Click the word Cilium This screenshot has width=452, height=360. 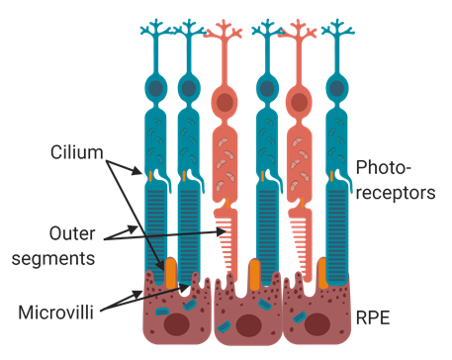click(x=77, y=152)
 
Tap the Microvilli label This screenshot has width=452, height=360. click(x=56, y=312)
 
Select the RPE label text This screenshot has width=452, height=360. click(x=373, y=317)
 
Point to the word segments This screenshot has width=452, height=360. click(x=53, y=258)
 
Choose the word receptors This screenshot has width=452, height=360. click(x=396, y=192)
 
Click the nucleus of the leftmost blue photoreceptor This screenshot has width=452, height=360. click(x=156, y=88)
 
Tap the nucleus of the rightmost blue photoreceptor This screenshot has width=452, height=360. click(x=337, y=88)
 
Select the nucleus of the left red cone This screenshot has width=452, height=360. click(x=225, y=102)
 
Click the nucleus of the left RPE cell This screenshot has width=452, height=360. click(x=177, y=324)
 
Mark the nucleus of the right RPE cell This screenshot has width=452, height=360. click(x=316, y=324)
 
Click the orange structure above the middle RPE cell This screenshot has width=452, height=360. click(x=254, y=275)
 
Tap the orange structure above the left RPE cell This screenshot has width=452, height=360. click(x=171, y=273)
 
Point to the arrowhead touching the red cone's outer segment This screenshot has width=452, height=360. click(x=221, y=231)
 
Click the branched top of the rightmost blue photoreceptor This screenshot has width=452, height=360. click(x=337, y=29)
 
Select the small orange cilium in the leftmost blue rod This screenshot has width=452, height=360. click(x=150, y=176)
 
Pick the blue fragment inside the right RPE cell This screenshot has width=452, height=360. click(x=300, y=316)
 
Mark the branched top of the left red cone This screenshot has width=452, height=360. click(x=224, y=31)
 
